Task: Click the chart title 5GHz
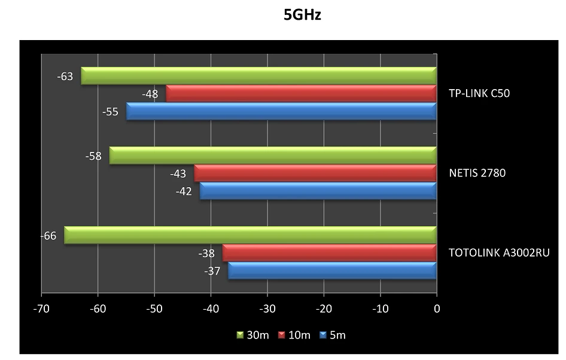coord(302,16)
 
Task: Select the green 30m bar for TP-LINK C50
coord(258,76)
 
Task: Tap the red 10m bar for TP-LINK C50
coord(301,94)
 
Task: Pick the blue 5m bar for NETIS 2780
coord(318,191)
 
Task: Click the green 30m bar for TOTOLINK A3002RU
coord(250,235)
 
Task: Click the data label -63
coord(65,77)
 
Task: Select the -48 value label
coord(150,94)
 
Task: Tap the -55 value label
coord(110,112)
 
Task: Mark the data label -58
coord(93,156)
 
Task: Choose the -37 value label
coord(212,271)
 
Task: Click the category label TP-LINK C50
coord(479,93)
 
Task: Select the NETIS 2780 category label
coord(477,173)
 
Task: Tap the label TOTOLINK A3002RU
coord(499,253)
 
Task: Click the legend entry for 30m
coord(252,335)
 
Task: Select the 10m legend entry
coord(294,335)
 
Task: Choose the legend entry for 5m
coord(333,335)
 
